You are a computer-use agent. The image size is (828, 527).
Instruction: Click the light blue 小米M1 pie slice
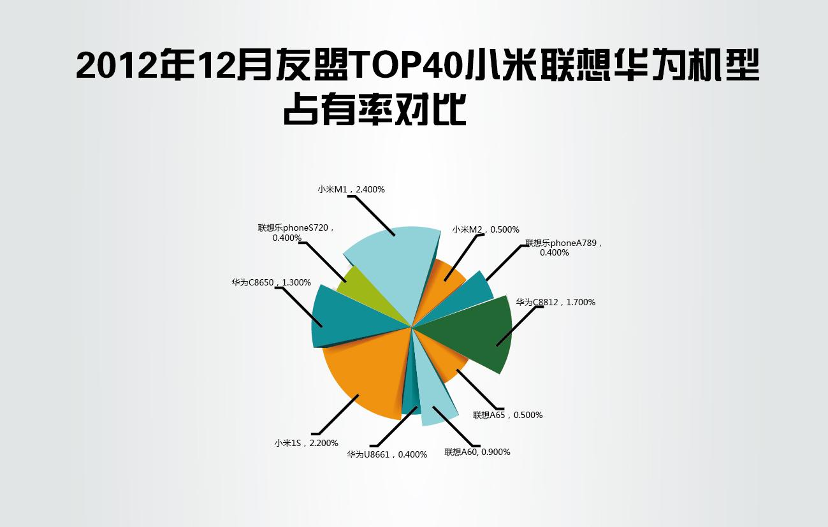click(396, 270)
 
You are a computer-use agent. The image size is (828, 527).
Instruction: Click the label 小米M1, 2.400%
click(351, 189)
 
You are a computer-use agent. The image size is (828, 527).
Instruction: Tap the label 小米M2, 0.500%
click(486, 229)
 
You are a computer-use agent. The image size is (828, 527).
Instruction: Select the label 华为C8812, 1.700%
click(556, 302)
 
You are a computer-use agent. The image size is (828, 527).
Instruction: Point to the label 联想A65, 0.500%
click(508, 415)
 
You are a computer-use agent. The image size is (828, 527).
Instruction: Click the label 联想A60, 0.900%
click(477, 452)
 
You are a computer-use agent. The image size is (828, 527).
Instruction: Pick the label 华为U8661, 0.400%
click(387, 454)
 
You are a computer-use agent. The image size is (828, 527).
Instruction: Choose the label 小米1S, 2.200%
click(307, 443)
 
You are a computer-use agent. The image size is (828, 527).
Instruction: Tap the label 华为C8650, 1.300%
click(272, 283)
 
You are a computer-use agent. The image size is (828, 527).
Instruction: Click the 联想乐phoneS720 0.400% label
click(296, 233)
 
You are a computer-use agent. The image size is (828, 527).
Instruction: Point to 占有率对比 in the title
click(374, 110)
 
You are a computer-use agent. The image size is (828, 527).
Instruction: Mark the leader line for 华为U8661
click(393, 426)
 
